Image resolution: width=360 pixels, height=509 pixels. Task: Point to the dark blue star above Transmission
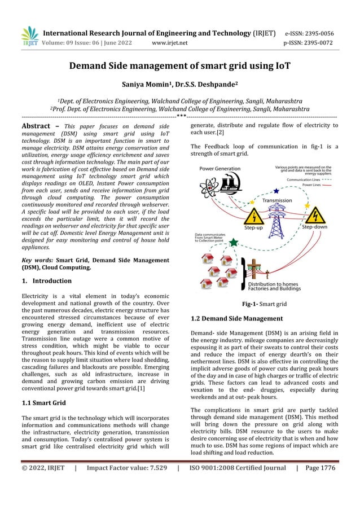click(x=275, y=192)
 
